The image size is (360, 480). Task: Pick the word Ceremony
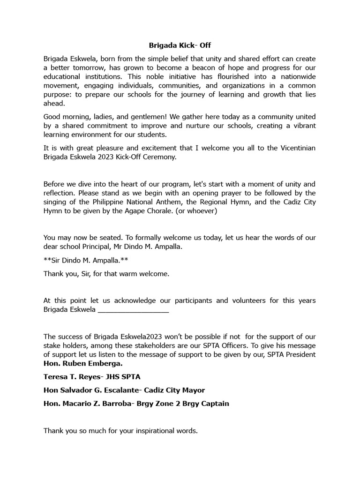coord(162,157)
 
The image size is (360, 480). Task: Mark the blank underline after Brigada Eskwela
coord(133,310)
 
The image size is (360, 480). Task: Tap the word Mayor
coord(194,390)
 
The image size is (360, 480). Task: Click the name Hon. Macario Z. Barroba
coord(88,404)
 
